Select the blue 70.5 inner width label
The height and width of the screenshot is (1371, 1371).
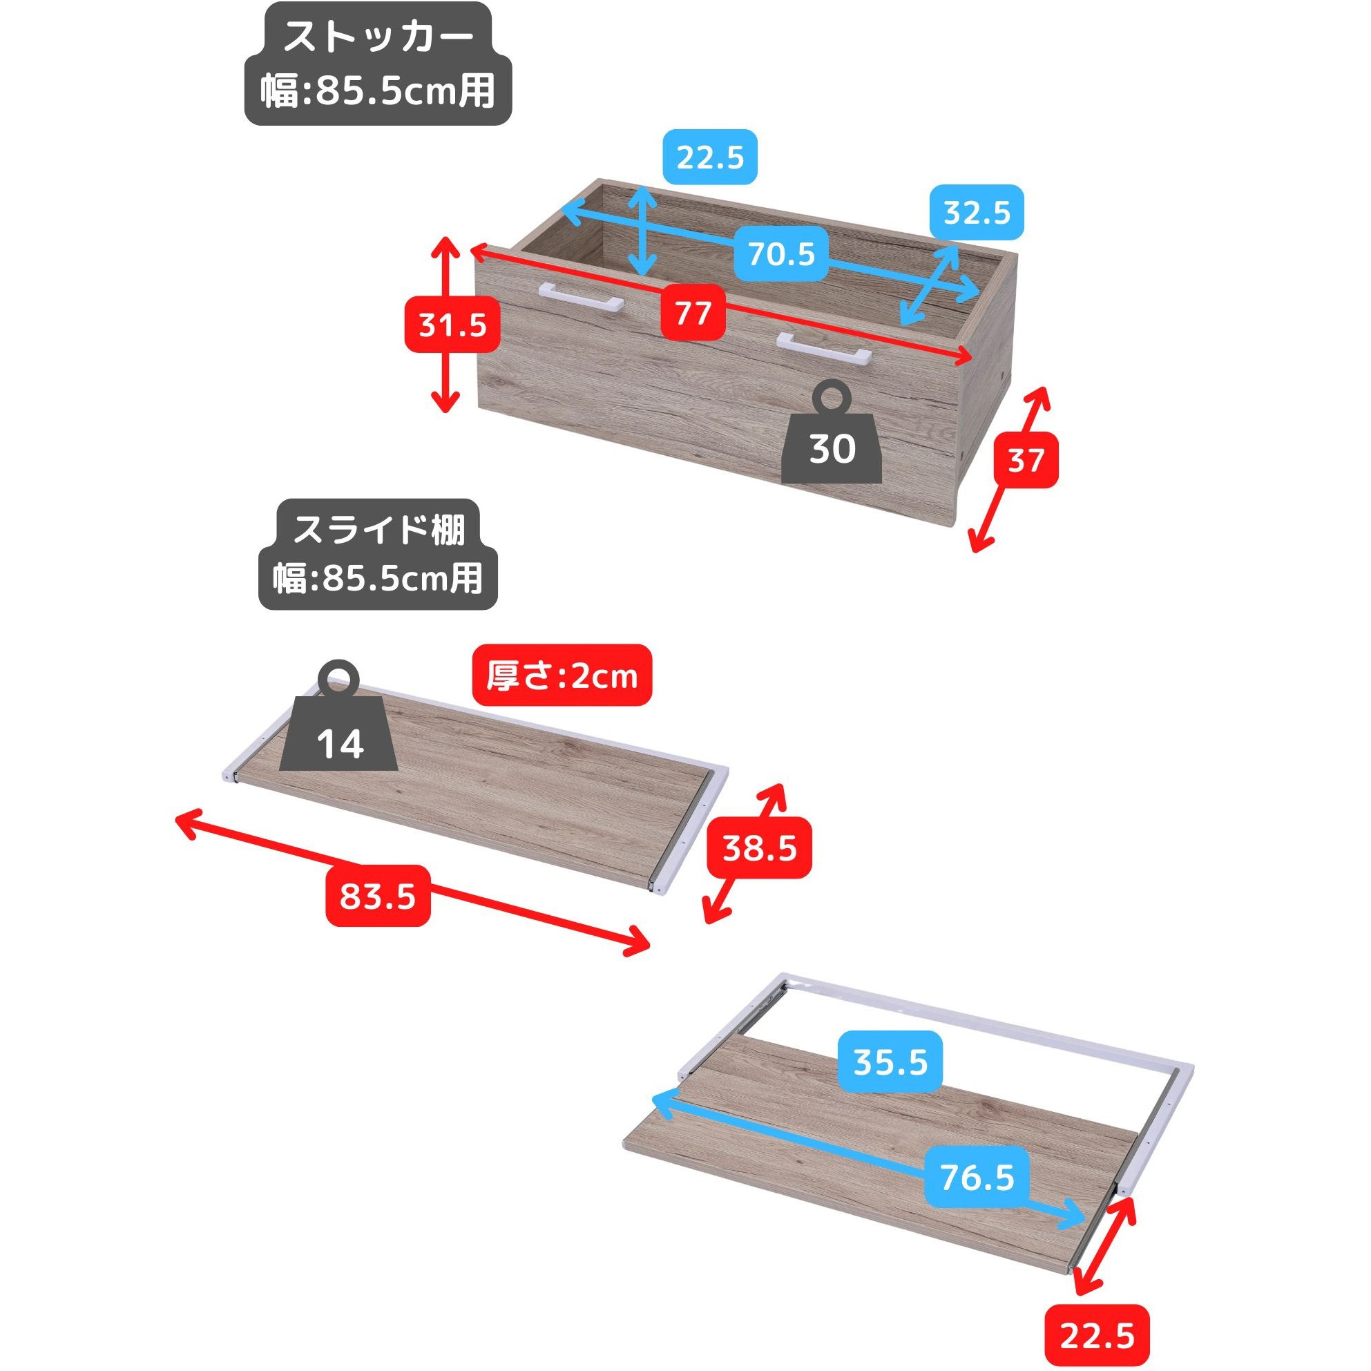pyautogui.click(x=781, y=254)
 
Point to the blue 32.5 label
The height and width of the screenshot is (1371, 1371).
pyautogui.click(x=977, y=212)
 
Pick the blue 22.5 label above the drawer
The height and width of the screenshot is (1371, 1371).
pyautogui.click(x=709, y=157)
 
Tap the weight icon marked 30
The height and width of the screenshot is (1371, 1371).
pyautogui.click(x=832, y=433)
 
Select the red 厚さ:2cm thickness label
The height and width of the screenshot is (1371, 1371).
pyautogui.click(x=562, y=675)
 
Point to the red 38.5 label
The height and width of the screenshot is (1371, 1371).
pyautogui.click(x=759, y=849)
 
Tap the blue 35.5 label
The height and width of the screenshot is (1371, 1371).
pyautogui.click(x=890, y=1062)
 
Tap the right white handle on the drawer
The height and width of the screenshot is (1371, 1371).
pyautogui.click(x=823, y=348)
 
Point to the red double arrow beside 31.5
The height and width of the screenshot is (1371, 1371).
pyautogui.click(x=445, y=325)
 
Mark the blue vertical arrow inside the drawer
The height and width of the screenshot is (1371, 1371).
pyautogui.click(x=644, y=231)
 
